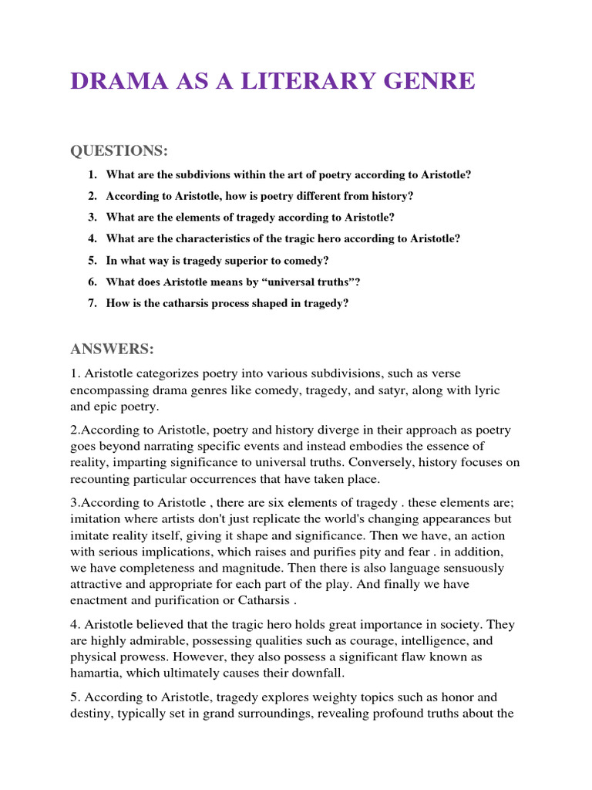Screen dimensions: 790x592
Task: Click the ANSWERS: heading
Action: click(113, 349)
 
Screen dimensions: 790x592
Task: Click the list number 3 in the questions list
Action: click(92, 218)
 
